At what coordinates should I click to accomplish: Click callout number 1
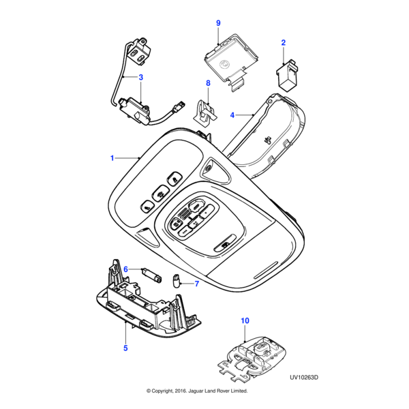112,158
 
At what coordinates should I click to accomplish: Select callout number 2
284,43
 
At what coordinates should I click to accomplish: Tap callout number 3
141,77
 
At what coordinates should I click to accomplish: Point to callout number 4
232,115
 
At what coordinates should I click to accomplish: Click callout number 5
125,348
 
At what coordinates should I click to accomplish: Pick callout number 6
125,269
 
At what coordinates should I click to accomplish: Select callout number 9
218,23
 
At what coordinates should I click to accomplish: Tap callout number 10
245,320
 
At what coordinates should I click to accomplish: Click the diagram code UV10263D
304,376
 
